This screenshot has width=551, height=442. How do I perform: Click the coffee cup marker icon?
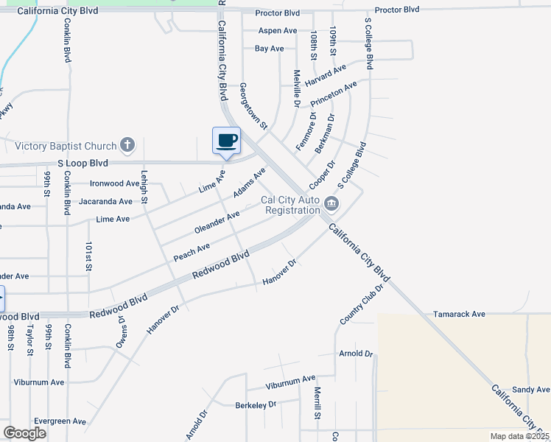click(x=226, y=140)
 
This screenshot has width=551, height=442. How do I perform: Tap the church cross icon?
click(x=128, y=145)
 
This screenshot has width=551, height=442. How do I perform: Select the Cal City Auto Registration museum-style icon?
click(x=331, y=203)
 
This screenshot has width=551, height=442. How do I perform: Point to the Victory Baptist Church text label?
click(x=66, y=146)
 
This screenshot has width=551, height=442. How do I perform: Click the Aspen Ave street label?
click(x=278, y=31)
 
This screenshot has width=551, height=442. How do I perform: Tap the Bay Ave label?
click(x=269, y=49)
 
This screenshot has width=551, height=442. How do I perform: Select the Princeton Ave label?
click(x=333, y=94)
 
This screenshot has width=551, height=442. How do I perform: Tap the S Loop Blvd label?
click(x=83, y=163)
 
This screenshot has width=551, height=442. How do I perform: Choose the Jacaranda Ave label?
click(x=105, y=200)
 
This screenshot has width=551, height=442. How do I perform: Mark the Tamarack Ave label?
click(x=459, y=314)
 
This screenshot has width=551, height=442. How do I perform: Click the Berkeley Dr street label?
click(x=255, y=404)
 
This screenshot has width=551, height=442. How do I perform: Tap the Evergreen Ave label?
click(x=61, y=421)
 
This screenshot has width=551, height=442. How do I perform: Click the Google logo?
click(x=25, y=432)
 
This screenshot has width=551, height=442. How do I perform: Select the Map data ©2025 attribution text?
click(x=519, y=436)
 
